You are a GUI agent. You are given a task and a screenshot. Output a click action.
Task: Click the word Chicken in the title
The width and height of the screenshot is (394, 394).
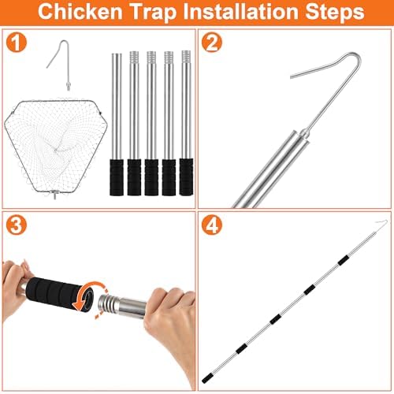(80, 12)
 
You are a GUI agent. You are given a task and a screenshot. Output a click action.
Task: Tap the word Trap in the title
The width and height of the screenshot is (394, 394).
(153, 13)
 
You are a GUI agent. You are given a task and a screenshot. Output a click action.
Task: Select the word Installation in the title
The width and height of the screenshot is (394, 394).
(240, 12)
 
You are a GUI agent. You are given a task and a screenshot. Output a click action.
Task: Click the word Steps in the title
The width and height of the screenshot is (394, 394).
(335, 13)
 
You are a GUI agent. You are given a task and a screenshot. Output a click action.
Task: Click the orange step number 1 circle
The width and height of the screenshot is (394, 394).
(17, 42)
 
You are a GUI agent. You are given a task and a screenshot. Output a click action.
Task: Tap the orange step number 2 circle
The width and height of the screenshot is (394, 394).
(212, 42)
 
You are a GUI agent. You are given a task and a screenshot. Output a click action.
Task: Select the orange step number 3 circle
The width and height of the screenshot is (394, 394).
(17, 225)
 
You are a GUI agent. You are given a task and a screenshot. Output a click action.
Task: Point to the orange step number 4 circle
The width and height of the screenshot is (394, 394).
(212, 225)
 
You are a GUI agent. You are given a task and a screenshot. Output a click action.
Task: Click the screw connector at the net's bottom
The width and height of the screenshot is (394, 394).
(55, 195)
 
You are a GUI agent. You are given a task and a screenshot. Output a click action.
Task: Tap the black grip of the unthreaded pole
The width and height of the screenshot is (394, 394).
(117, 177)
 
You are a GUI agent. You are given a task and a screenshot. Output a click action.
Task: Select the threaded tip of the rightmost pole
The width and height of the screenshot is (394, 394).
(186, 56)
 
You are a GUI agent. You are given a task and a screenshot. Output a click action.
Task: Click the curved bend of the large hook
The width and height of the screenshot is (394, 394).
(355, 56)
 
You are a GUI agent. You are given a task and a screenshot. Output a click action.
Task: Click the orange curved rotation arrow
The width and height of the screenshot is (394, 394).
(88, 295)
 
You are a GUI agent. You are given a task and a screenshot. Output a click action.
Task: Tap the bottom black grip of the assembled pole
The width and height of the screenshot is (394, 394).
(207, 378)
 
